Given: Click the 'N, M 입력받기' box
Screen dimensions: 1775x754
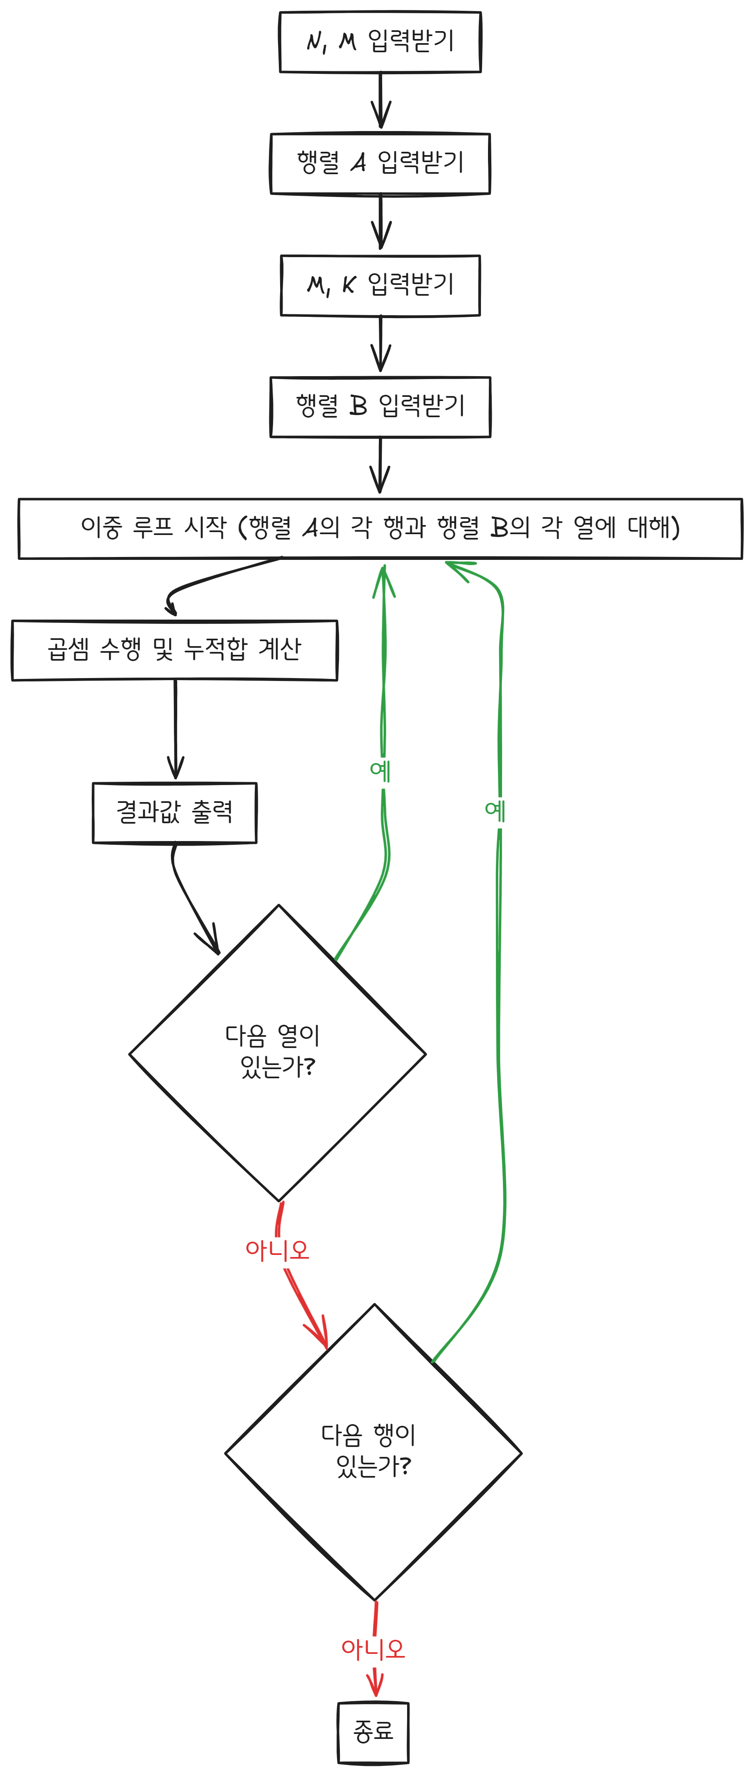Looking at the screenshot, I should point(380,42).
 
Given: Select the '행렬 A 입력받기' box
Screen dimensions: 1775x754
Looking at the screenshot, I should point(380,163).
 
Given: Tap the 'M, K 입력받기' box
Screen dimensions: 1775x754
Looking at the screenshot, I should point(380,285).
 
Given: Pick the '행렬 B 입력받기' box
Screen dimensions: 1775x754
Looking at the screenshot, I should point(380,406).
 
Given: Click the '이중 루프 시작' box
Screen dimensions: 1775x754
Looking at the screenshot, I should point(380,528).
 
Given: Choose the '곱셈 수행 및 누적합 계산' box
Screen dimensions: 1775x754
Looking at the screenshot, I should point(174,650).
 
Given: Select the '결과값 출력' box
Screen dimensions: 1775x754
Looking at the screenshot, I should point(174,812).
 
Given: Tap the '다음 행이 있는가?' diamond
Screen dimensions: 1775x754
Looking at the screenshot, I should point(373,1452).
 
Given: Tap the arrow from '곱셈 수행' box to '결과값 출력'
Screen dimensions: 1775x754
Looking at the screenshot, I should point(175,730).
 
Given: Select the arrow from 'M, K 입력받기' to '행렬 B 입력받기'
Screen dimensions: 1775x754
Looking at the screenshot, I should point(381,345).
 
